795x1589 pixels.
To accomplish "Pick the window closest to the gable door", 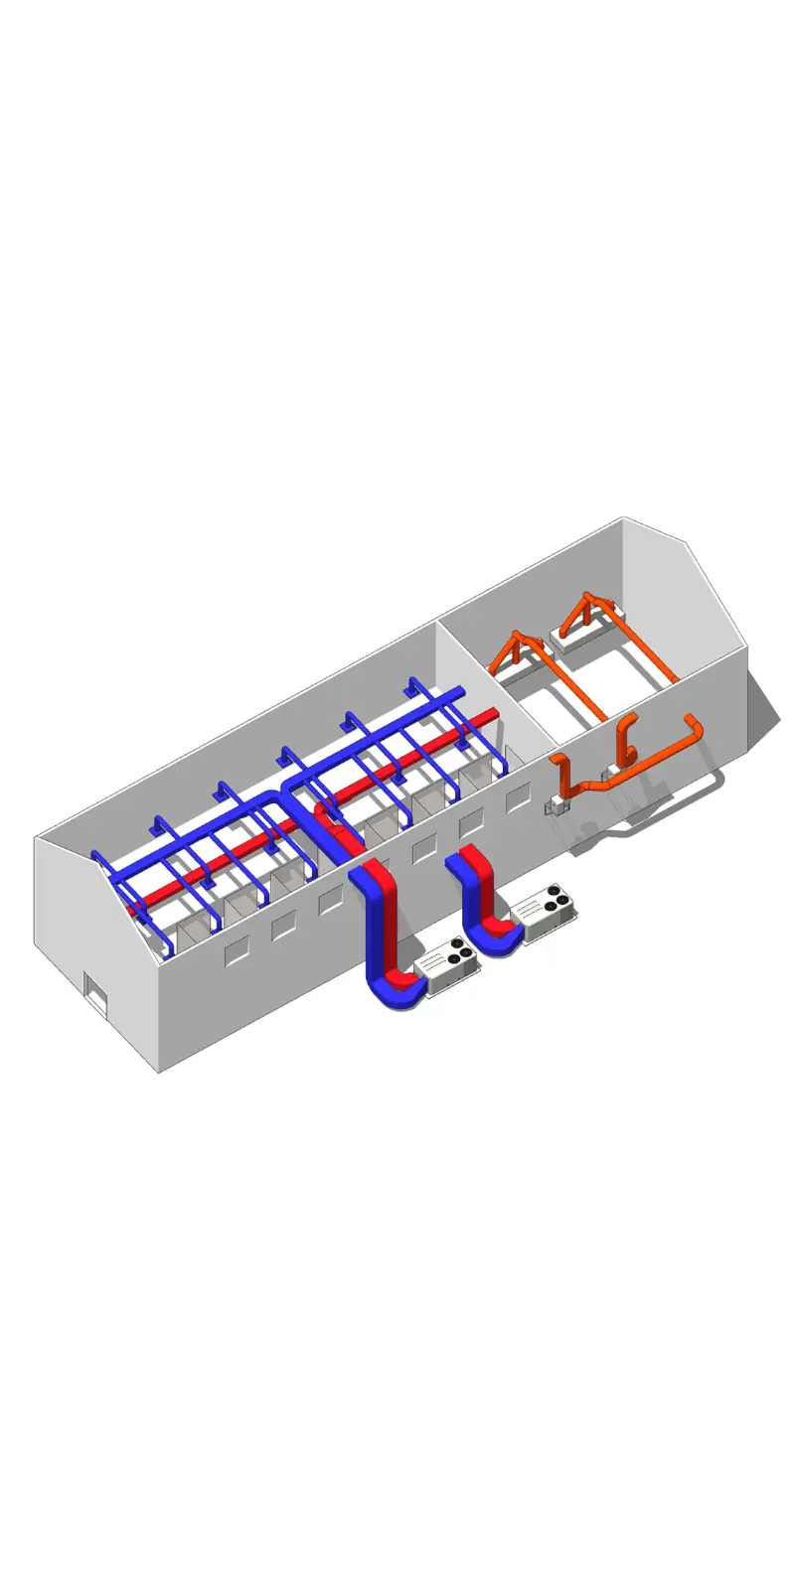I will point(237,953).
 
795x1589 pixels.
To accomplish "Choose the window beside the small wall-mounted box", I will point(518,795).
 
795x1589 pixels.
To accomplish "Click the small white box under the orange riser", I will point(556,806).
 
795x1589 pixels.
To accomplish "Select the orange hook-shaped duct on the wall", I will point(626,740).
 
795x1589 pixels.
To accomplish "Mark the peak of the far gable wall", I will point(623,519).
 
